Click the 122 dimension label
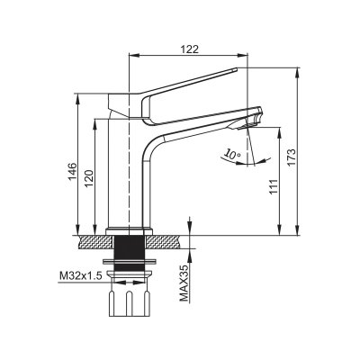(x=190, y=49)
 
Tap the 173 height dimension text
(x=292, y=157)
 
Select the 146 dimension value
(x=73, y=172)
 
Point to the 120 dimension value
(x=90, y=179)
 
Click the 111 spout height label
(x=274, y=187)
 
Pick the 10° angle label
(x=233, y=155)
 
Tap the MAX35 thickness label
(x=184, y=283)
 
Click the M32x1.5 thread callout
(x=81, y=275)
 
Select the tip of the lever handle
(x=237, y=69)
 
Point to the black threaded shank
(x=130, y=253)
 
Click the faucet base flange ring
(x=130, y=232)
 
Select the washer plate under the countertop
(x=130, y=261)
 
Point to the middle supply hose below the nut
(x=130, y=303)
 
